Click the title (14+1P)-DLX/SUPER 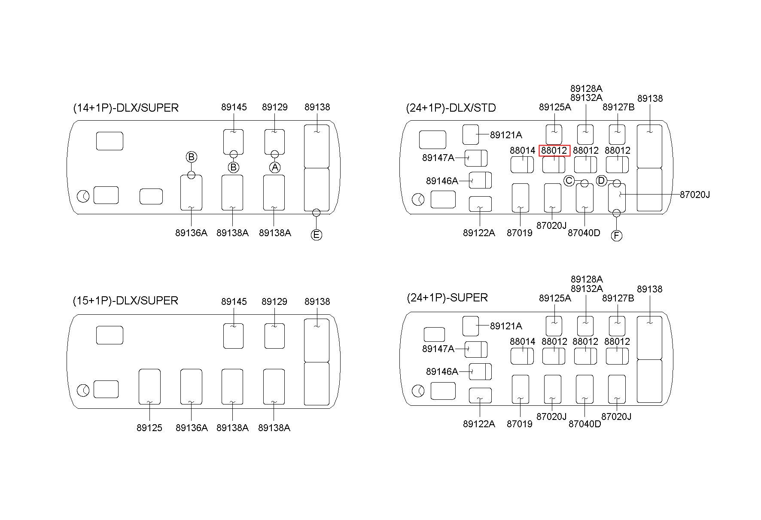click(x=126, y=108)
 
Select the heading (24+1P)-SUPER click(x=447, y=298)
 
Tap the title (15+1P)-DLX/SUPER click(x=125, y=301)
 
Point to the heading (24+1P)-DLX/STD click(x=451, y=108)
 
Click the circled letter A click(x=275, y=167)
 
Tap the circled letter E click(x=316, y=235)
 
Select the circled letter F click(x=616, y=236)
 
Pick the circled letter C click(x=569, y=181)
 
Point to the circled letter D click(x=601, y=181)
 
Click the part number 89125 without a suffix click(x=149, y=428)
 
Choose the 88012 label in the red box click(x=554, y=151)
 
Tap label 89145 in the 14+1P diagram click(x=234, y=107)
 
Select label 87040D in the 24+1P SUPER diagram click(x=584, y=424)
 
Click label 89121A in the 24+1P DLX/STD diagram click(x=506, y=135)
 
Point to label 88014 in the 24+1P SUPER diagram click(x=523, y=341)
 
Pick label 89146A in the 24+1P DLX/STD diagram click(x=442, y=181)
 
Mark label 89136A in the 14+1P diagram click(x=191, y=233)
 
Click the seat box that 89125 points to click(x=149, y=386)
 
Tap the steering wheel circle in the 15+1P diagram click(x=83, y=391)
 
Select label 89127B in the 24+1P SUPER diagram click(x=618, y=298)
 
